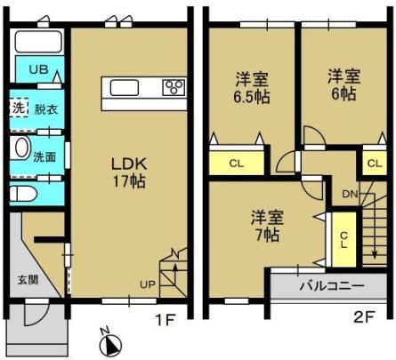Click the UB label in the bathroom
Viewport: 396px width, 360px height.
[38, 69]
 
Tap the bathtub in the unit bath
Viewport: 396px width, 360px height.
[38, 42]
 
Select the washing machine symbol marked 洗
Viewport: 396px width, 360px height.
[19, 108]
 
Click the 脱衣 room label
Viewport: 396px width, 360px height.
[46, 109]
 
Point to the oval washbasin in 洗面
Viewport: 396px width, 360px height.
[22, 148]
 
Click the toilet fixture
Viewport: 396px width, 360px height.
[23, 195]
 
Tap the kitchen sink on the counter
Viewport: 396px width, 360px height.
[125, 88]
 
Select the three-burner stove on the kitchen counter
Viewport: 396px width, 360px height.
[174, 88]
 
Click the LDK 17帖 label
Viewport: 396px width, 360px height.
[129, 172]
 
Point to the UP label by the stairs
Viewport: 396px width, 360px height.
[148, 284]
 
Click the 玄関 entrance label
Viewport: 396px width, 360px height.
[28, 280]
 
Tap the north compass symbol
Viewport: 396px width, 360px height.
[110, 343]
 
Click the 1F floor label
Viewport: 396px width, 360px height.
[166, 319]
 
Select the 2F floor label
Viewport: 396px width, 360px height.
[364, 316]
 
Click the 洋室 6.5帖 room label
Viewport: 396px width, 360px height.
[252, 87]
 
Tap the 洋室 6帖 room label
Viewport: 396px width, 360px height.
[343, 84]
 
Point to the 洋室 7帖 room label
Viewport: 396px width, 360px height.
[267, 226]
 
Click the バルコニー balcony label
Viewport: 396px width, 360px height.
[332, 286]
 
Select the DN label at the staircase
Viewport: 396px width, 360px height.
[350, 194]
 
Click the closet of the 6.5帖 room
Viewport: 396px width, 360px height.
[237, 163]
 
